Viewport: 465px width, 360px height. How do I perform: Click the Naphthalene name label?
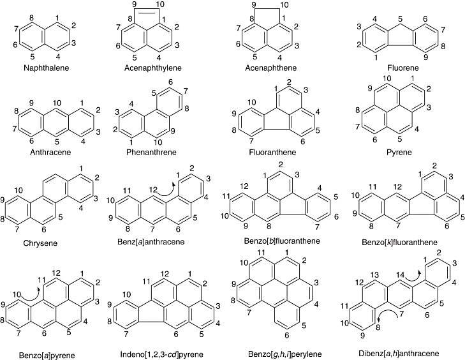pyautogui.click(x=47, y=68)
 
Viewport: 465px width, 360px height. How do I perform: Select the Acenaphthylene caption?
pyautogui.click(x=152, y=68)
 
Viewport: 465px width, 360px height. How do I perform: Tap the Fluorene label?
pyautogui.click(x=403, y=68)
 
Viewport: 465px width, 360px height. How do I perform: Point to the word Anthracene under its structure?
pyautogui.click(x=50, y=153)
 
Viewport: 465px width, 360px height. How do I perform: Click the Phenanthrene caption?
pyautogui.click(x=151, y=153)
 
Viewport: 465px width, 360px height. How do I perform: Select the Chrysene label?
pyautogui.click(x=40, y=243)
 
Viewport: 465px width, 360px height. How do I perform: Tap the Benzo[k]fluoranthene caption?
pyautogui.click(x=399, y=243)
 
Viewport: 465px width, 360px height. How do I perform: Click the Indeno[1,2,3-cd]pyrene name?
pyautogui.click(x=161, y=354)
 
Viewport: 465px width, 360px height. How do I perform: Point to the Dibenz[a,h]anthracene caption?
pyautogui.click(x=399, y=354)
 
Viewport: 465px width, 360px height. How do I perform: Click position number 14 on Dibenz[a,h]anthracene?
pyautogui.click(x=400, y=275)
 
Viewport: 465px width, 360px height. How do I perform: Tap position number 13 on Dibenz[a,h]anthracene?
pyautogui.click(x=374, y=275)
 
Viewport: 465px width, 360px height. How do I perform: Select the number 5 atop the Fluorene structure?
pyautogui.click(x=401, y=19)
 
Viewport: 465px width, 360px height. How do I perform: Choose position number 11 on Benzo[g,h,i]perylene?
pyautogui.click(x=260, y=253)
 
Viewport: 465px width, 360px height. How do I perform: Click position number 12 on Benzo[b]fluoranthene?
pyautogui.click(x=244, y=186)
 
